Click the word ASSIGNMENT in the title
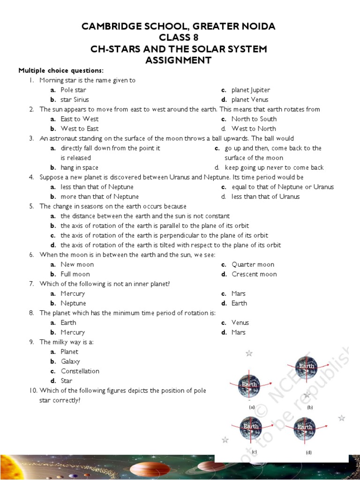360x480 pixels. pyautogui.click(x=178, y=60)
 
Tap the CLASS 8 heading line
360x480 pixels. pyautogui.click(x=178, y=37)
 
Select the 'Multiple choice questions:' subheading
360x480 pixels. pyautogui.click(x=61, y=70)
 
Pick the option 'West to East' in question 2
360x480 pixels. pyautogui.click(x=79, y=128)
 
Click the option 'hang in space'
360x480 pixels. pyautogui.click(x=79, y=167)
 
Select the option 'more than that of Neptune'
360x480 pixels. pyautogui.click(x=99, y=196)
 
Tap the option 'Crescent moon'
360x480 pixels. pyautogui.click(x=254, y=274)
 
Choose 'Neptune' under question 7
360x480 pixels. pyautogui.click(x=73, y=303)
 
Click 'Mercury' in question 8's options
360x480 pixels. pyautogui.click(x=73, y=332)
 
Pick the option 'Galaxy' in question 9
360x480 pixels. pyautogui.click(x=70, y=361)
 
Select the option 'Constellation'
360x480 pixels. pyautogui.click(x=80, y=371)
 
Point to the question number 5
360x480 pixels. pyautogui.click(x=31, y=206)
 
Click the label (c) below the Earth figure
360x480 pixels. pyautogui.click(x=254, y=452)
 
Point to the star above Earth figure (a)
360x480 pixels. pyautogui.click(x=249, y=353)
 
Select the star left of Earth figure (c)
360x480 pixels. pyautogui.click(x=225, y=440)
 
